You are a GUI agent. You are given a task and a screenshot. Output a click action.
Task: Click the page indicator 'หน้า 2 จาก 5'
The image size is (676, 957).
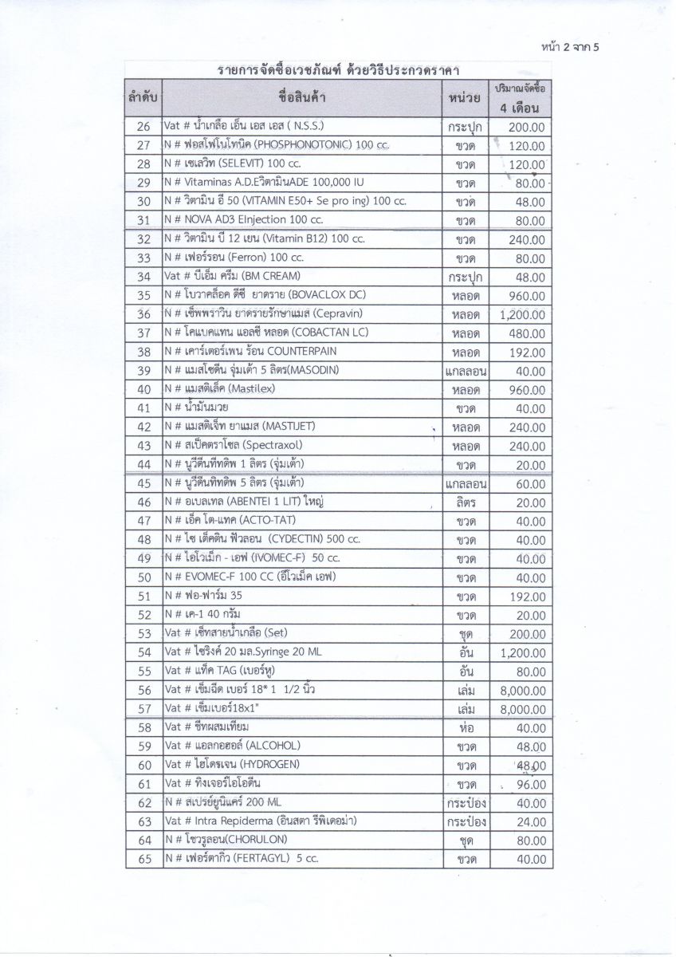(568, 46)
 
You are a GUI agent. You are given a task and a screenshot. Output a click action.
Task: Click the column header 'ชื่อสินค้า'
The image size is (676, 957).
(302, 99)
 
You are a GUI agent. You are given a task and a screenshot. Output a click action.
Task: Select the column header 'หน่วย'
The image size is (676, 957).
(466, 99)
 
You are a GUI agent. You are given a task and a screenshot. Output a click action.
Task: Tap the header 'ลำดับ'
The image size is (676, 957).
(143, 99)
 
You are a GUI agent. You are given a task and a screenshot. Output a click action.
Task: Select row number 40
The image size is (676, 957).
(144, 390)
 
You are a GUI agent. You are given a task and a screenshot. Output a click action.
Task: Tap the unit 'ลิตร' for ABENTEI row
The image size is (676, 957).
(466, 502)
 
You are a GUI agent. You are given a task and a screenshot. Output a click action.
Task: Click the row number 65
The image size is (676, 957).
(144, 860)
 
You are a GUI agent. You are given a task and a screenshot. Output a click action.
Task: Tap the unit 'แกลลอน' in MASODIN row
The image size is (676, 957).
(466, 371)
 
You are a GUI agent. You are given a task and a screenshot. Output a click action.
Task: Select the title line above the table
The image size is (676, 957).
(339, 71)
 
